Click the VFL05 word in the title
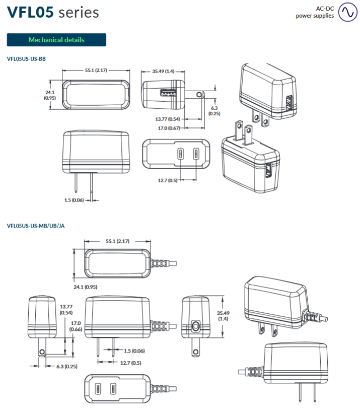coord(30,12)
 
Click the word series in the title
coord(79,13)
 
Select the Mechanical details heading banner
coord(56,40)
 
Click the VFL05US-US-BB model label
coord(27,59)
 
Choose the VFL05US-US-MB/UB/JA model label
coord(36,226)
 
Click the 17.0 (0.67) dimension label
coord(169,128)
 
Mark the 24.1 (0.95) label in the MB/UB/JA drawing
coord(85,287)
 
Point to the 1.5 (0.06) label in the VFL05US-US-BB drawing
coord(74,200)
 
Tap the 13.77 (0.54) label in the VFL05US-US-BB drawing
coord(168,119)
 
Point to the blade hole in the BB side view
coord(200,94)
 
